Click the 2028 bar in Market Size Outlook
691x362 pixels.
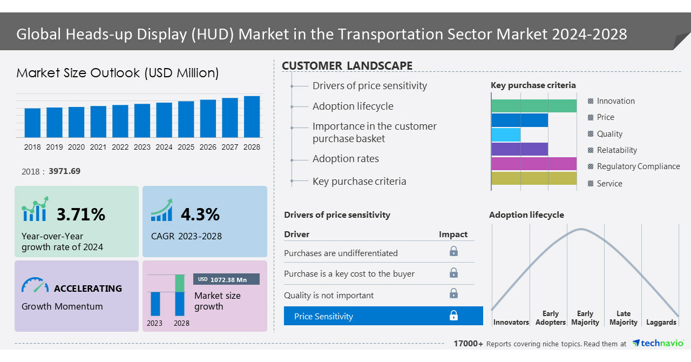(252, 117)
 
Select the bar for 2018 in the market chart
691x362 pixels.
(32, 123)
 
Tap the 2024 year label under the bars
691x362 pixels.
(164, 147)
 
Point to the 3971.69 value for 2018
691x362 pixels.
(64, 171)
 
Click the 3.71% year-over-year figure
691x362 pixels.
(81, 214)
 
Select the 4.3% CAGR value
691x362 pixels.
(200, 214)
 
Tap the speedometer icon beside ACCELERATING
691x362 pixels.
(35, 286)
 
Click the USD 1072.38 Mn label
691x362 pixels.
(226, 279)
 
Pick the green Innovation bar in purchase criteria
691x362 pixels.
(534, 106)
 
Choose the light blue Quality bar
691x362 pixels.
(506, 135)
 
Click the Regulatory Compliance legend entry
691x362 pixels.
(638, 166)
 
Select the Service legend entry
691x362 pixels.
(609, 184)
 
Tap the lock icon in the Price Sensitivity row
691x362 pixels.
(453, 316)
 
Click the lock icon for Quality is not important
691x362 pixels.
(453, 293)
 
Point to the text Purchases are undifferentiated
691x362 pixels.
(341, 253)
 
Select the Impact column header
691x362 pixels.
(453, 234)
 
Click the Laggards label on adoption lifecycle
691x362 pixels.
(661, 322)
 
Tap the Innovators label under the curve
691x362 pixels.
(511, 322)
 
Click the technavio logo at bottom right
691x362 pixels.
(658, 343)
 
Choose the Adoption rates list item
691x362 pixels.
(345, 159)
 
